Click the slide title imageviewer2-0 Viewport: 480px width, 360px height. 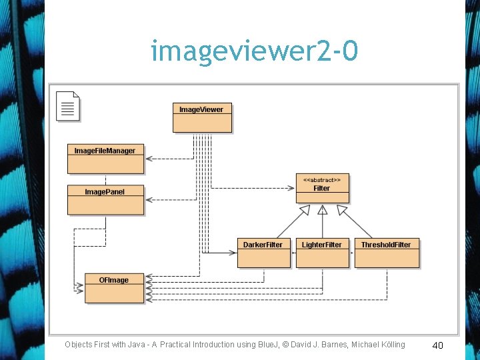(254, 51)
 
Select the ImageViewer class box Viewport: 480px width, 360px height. (202, 117)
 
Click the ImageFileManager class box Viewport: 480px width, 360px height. (105, 159)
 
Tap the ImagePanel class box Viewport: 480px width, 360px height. (105, 199)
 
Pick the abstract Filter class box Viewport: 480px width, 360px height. (322, 188)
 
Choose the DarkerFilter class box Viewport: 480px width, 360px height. (263, 253)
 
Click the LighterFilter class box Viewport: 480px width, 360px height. (322, 253)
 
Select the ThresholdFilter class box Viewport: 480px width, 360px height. (387, 253)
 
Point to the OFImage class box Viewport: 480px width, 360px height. (114, 288)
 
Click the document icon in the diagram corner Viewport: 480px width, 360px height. (68, 106)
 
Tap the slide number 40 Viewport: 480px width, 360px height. (437, 345)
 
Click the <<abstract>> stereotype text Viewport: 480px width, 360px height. (322, 179)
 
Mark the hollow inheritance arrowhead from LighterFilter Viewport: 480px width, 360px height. (323, 209)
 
